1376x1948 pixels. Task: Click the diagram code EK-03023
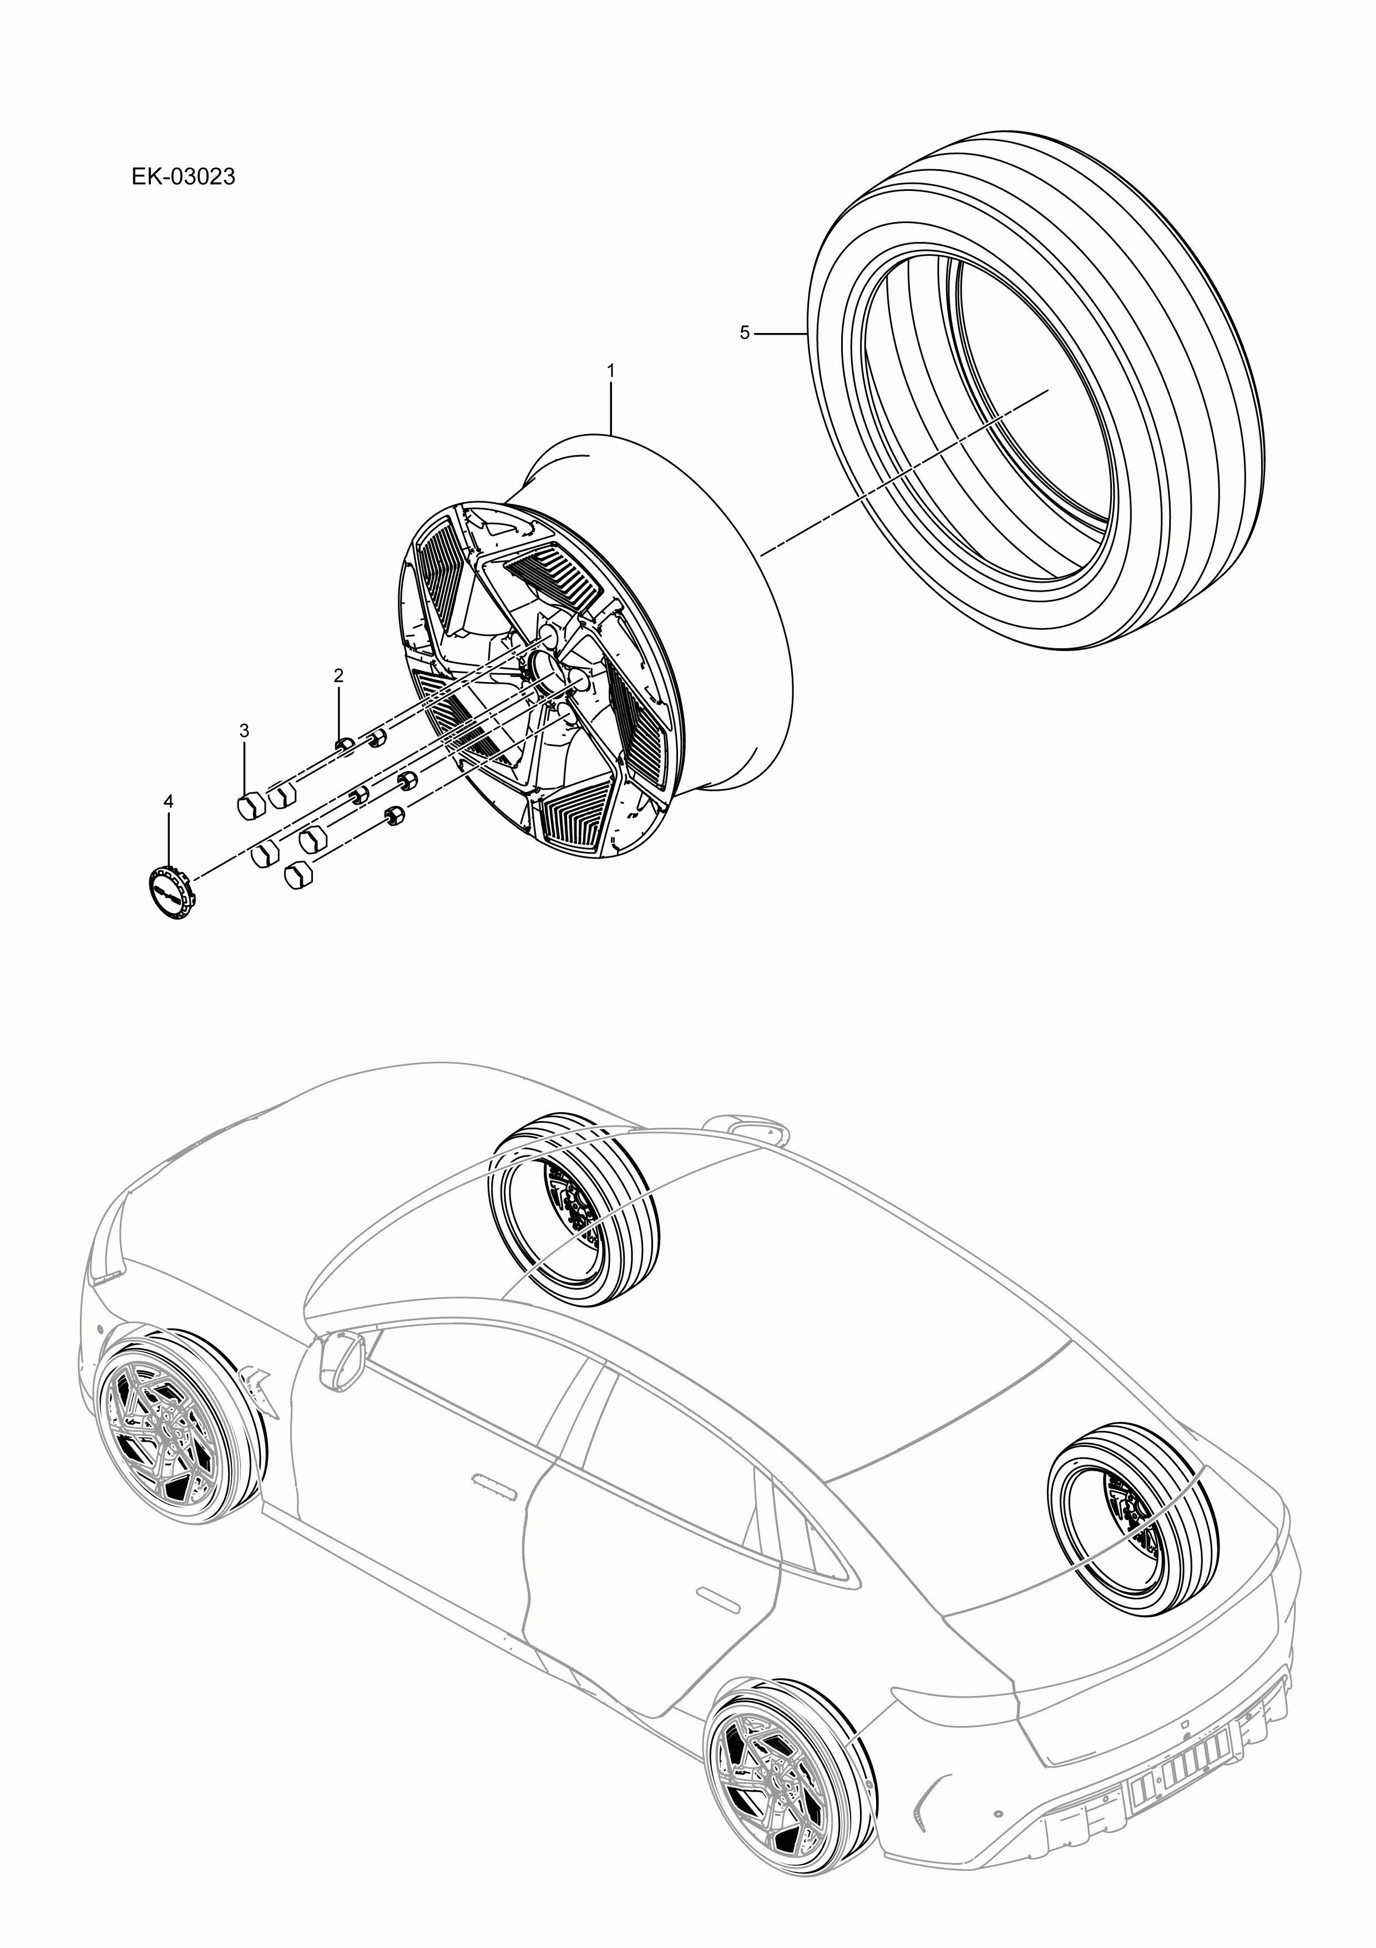tap(183, 178)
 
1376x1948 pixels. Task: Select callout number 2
tap(338, 676)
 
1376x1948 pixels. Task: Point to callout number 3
tap(244, 730)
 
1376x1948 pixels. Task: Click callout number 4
tap(168, 801)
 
